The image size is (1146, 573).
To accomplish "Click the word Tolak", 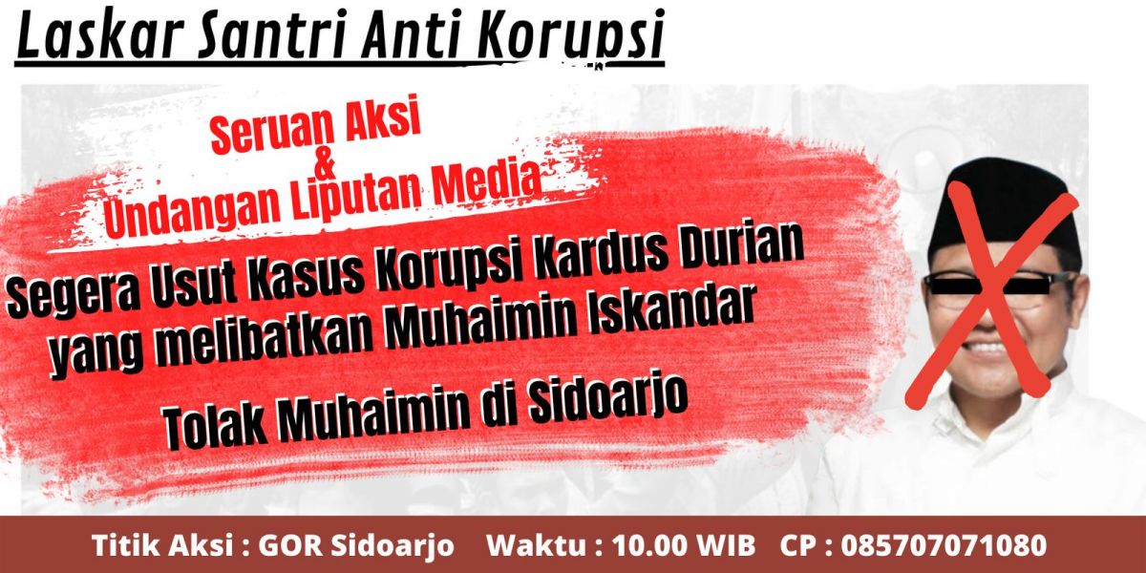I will click(216, 420).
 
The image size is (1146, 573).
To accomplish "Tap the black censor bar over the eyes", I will click(999, 283).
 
